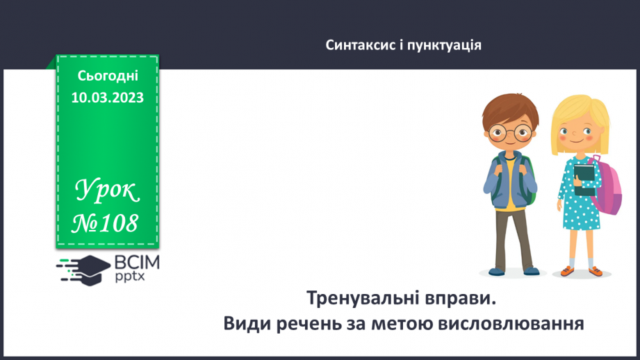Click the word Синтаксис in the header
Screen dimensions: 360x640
coord(354,45)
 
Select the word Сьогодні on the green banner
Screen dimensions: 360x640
coord(108,76)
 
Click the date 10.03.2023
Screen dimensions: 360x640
coord(108,97)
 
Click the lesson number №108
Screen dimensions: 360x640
coord(107,224)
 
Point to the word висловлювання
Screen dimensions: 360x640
coord(514,323)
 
